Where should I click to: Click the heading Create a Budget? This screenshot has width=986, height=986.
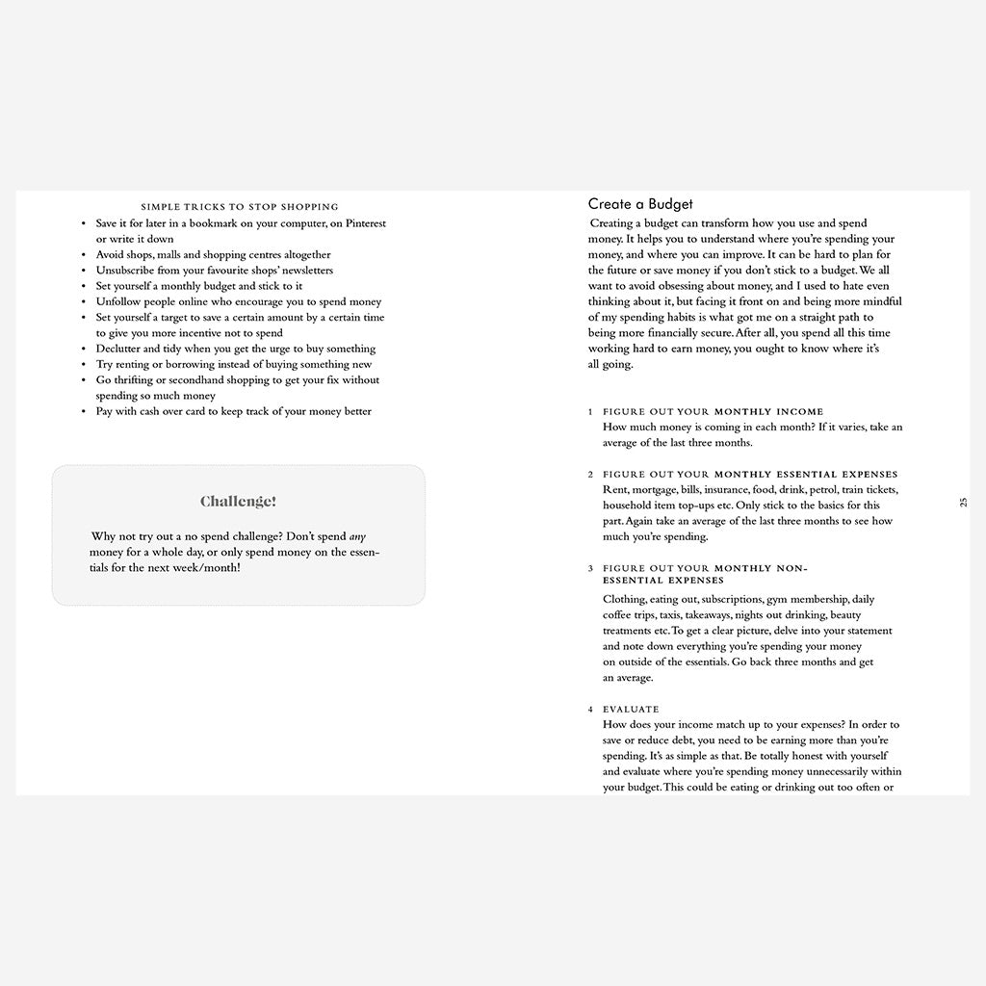[640, 204]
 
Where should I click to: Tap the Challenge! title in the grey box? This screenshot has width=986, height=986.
[238, 502]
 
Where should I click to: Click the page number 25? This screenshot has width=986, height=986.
[963, 502]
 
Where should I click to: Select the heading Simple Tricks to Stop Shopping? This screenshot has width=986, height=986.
[240, 207]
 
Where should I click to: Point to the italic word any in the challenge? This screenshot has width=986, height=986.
[357, 536]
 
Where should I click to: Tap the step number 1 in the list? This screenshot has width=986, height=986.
[591, 412]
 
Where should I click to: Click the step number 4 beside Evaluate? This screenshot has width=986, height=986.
[591, 710]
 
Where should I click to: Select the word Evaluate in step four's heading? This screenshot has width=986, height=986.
[631, 710]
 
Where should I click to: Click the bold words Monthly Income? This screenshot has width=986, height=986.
[768, 412]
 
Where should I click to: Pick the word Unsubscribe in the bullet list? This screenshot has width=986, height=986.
[123, 271]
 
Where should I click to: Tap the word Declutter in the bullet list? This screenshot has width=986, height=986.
[118, 349]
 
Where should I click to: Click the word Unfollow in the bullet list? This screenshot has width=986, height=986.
[118, 301]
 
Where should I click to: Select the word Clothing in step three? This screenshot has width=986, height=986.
[624, 599]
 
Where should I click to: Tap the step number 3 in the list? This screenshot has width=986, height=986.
[591, 569]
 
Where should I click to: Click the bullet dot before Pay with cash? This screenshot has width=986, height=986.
[86, 412]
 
